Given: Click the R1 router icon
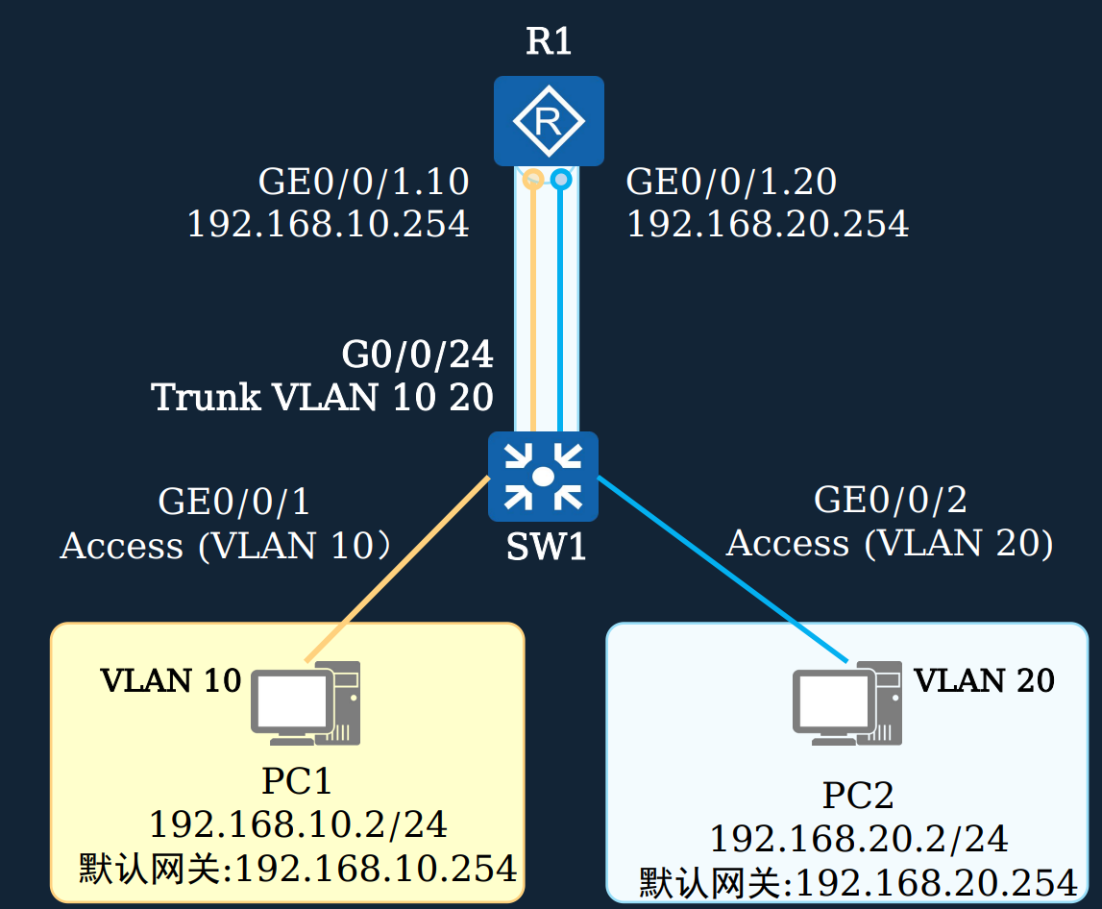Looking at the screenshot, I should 549,121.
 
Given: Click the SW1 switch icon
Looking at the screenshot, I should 543,476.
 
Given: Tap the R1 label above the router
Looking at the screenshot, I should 549,42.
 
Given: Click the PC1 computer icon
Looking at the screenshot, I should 306,705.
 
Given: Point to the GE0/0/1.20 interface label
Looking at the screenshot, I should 731,182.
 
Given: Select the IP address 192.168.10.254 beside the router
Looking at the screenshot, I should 328,225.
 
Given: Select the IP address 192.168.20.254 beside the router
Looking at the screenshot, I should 767,225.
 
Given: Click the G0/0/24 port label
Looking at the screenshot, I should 417,356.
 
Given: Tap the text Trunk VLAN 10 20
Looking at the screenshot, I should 323,397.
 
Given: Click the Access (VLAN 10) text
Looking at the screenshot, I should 226,546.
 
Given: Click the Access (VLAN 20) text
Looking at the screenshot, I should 890,544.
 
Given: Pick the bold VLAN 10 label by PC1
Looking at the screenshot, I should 171,680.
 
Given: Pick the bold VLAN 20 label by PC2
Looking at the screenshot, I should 984,680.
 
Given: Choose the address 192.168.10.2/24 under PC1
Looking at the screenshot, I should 298,824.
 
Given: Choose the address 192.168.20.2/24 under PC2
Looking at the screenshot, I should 858,839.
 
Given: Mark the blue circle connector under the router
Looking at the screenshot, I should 561,179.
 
